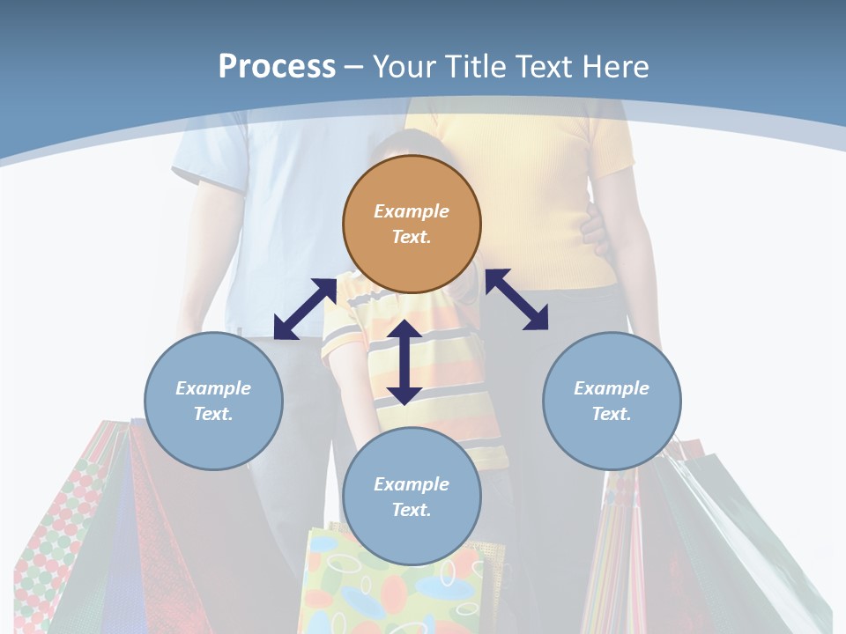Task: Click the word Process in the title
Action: (x=277, y=66)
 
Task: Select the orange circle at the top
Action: (x=412, y=225)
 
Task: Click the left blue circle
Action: (x=213, y=401)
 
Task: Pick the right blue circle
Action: (x=612, y=401)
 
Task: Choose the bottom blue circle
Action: (x=412, y=496)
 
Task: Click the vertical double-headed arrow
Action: (x=404, y=362)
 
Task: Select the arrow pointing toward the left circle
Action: (x=305, y=309)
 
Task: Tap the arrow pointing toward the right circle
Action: (x=516, y=299)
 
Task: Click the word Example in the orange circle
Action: (x=412, y=211)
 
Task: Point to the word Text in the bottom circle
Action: (x=410, y=510)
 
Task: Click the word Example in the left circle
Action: (x=213, y=388)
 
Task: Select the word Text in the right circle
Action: (x=610, y=414)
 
